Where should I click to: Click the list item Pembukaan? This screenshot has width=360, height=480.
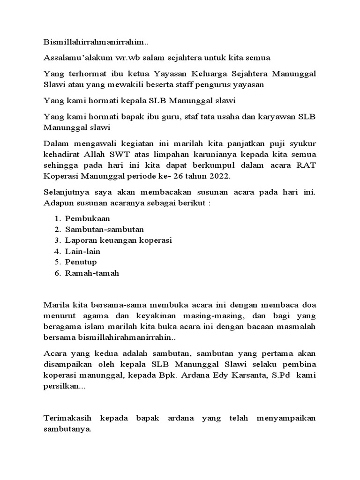tap(88, 218)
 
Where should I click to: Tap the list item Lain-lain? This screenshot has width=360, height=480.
tap(83, 251)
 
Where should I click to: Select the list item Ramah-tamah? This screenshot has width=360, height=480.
tap(92, 273)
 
